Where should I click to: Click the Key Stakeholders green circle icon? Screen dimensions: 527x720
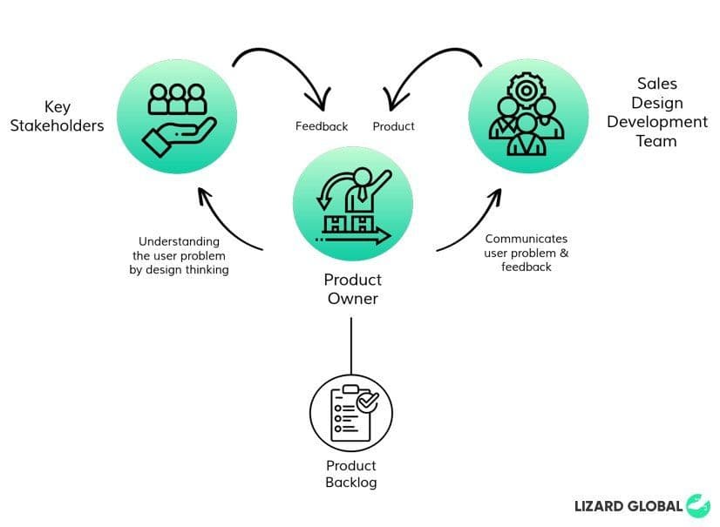coord(176,116)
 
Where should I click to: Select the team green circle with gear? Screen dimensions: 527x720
coord(526,118)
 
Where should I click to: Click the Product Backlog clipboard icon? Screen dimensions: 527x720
coord(351,412)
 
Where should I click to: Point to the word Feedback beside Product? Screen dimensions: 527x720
coord(322,126)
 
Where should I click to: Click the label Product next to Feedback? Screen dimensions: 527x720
coord(393,126)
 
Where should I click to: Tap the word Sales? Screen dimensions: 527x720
coord(656,84)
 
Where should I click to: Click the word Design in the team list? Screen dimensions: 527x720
coord(656,103)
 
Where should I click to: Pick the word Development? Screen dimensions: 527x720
coord(656,122)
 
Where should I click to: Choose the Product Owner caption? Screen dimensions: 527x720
coord(352,289)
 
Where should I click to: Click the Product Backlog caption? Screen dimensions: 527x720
coord(351,474)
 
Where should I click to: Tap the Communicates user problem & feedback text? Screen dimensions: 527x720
coord(526,253)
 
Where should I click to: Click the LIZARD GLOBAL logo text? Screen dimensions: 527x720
coord(628,505)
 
